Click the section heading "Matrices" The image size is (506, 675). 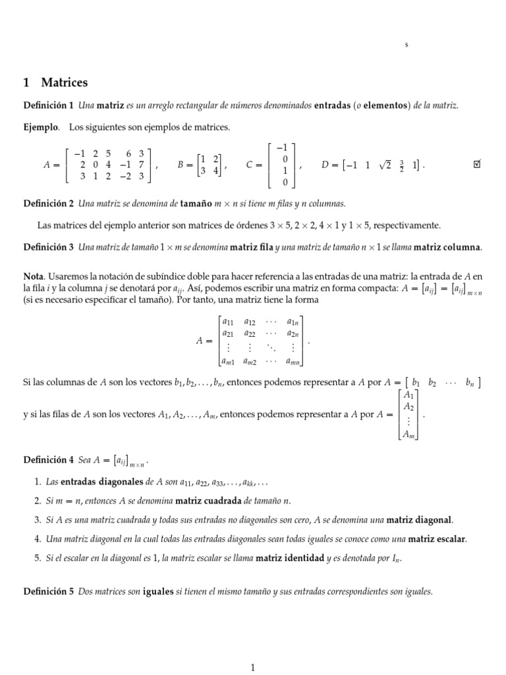pyautogui.click(x=64, y=83)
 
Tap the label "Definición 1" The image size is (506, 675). pyautogui.click(x=48, y=105)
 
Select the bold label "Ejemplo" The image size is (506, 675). pyautogui.click(x=40, y=127)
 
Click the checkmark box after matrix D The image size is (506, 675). pyautogui.click(x=478, y=165)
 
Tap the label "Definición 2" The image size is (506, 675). pyautogui.click(x=48, y=204)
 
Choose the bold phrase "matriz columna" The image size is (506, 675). pyautogui.click(x=449, y=247)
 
